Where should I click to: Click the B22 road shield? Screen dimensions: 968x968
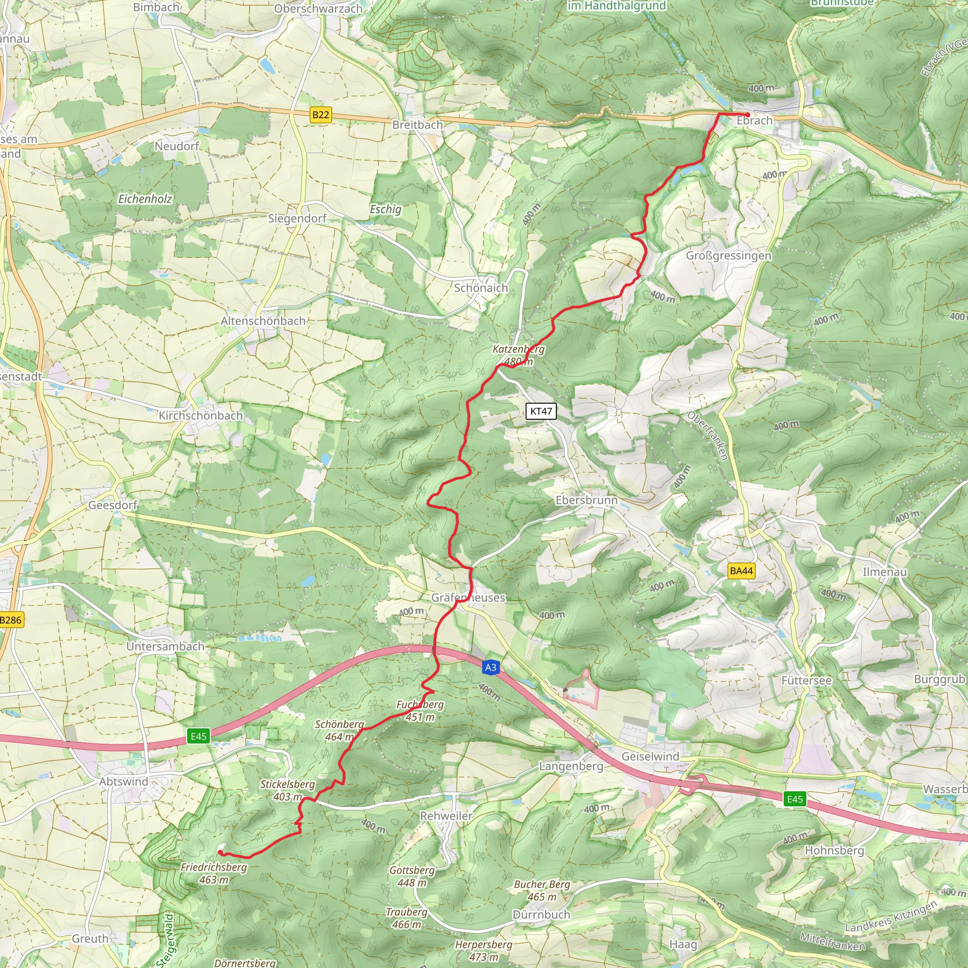point(320,115)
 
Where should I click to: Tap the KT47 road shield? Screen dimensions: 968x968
point(541,411)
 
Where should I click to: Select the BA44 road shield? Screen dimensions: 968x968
point(741,570)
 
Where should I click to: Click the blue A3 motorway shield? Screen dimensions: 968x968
point(491,667)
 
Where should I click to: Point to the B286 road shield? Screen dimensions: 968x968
point(11,620)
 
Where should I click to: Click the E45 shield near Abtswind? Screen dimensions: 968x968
point(199,736)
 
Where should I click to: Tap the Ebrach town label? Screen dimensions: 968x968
point(754,121)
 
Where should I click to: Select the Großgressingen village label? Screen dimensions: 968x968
point(728,256)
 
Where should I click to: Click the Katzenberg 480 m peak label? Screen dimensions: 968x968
point(518,355)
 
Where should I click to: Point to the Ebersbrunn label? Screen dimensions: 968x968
point(586,500)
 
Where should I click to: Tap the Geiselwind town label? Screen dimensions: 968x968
point(650,757)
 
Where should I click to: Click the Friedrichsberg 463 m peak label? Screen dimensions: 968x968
point(214,873)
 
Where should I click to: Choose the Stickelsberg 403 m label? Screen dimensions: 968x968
point(287,790)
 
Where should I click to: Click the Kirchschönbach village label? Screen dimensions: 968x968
point(200,415)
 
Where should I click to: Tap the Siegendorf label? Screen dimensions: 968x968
point(297,218)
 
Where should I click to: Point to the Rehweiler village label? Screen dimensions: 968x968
point(446,816)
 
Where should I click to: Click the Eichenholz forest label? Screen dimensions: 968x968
point(145,199)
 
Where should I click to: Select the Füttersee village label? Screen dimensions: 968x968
point(806,681)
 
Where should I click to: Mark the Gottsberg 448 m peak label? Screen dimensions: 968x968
point(412,876)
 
